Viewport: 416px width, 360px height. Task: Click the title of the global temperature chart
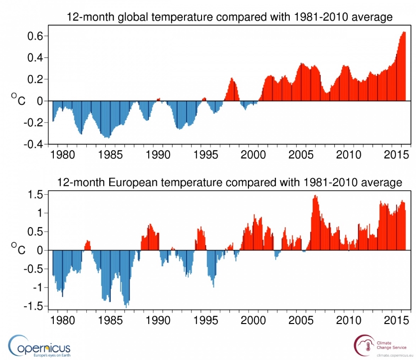click(x=230, y=17)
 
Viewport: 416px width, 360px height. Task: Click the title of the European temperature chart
click(x=229, y=182)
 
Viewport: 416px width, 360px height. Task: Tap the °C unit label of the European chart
click(x=18, y=248)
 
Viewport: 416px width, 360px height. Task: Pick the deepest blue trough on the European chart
click(x=126, y=305)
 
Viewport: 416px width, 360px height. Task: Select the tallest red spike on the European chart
click(x=315, y=196)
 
